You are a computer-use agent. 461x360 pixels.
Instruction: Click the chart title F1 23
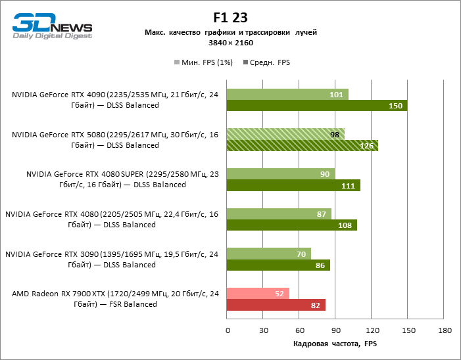(x=230, y=17)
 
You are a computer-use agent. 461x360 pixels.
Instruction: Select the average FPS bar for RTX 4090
(x=317, y=106)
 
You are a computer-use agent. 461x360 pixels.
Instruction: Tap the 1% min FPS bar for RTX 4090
(x=287, y=95)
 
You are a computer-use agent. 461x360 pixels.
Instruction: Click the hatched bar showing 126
(x=303, y=145)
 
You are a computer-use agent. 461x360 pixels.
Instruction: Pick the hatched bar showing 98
(x=285, y=134)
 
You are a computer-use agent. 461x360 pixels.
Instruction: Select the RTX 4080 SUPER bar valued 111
(x=293, y=185)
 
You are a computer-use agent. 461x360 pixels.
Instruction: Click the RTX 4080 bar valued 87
(x=279, y=214)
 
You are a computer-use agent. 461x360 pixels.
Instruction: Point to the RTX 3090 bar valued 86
(x=278, y=265)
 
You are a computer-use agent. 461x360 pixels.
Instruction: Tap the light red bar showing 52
(x=258, y=293)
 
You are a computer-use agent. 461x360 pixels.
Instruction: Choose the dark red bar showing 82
(x=276, y=305)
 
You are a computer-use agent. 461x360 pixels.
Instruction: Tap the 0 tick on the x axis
(x=227, y=330)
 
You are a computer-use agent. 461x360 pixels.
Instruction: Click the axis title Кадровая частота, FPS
(x=335, y=344)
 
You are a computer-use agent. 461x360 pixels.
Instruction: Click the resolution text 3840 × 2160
(x=230, y=43)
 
